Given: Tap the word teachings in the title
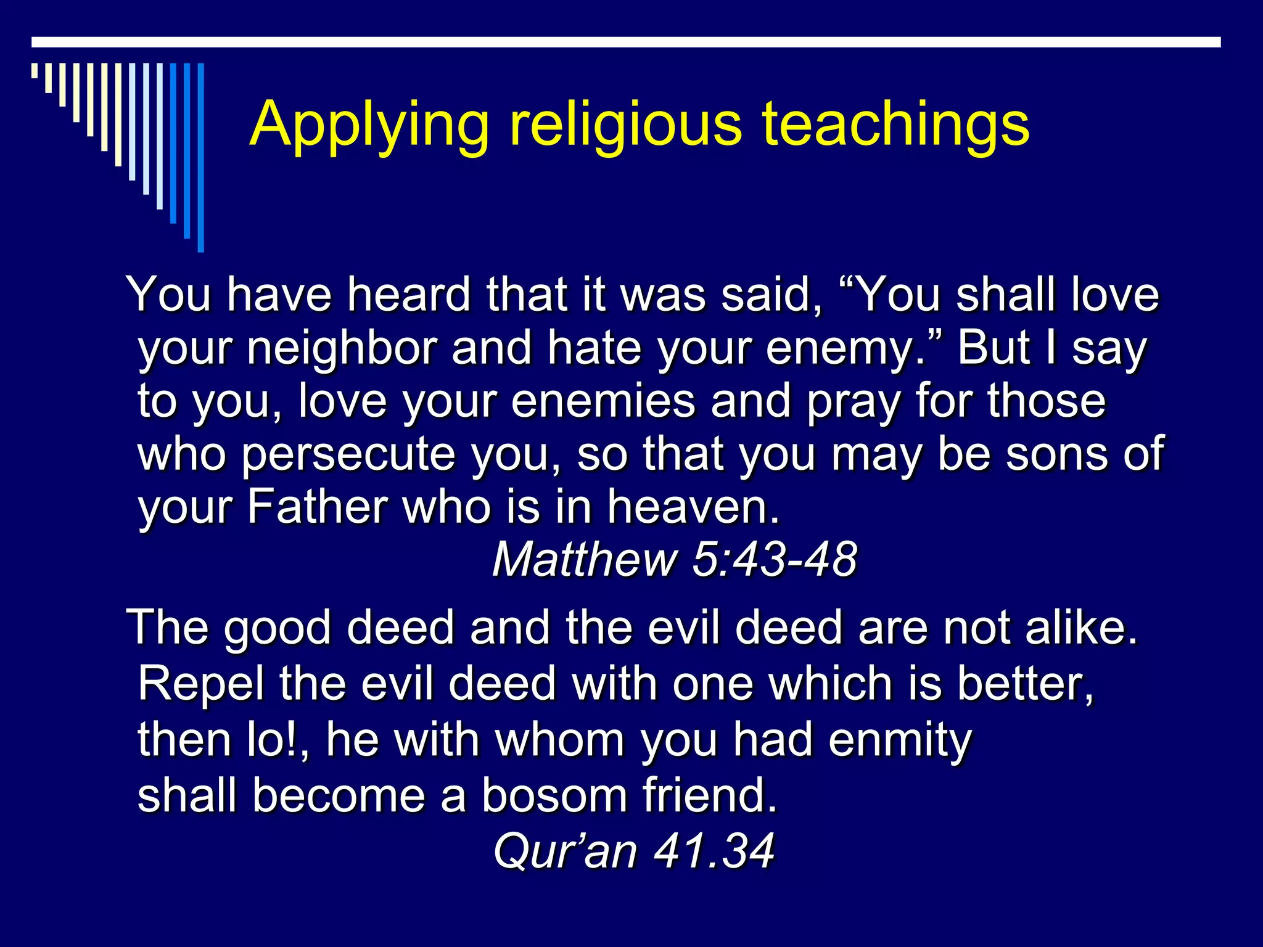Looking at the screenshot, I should point(895,125).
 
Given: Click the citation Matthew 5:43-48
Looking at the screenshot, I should point(674,560).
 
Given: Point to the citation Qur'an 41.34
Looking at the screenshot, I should point(633,851).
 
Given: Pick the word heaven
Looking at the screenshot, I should point(693,507).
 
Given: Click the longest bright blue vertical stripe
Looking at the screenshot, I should point(200,157).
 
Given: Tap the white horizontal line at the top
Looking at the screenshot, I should point(626,42).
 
